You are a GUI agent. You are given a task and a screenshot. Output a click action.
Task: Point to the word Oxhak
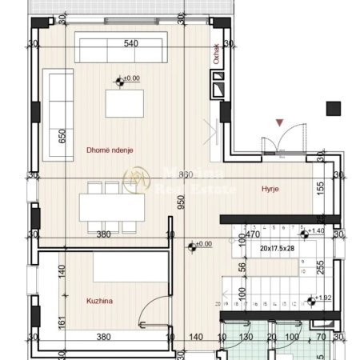(x=216, y=54)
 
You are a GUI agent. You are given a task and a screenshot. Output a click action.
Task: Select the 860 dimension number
(x=186, y=174)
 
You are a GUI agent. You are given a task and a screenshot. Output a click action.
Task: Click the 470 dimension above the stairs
(x=252, y=235)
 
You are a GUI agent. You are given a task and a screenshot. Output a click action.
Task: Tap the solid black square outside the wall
(x=334, y=109)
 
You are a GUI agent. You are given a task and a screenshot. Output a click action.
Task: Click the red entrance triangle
(x=278, y=122)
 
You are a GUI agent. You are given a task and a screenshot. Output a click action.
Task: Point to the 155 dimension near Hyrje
(x=319, y=189)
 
